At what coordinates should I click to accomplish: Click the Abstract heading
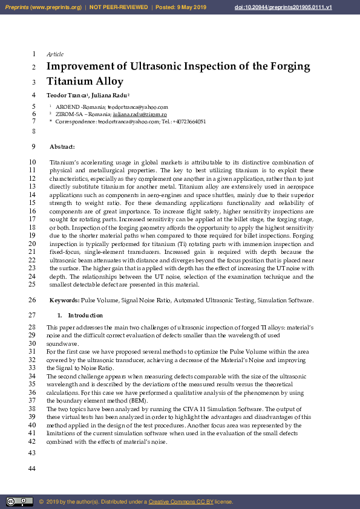(62, 147)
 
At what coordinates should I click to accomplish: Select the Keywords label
(64, 300)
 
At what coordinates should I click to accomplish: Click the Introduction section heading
(85, 316)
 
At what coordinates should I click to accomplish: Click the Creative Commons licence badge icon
(19, 502)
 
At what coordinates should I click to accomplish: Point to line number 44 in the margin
(33, 470)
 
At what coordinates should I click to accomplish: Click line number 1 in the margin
(34, 54)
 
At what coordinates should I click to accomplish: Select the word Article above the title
(55, 54)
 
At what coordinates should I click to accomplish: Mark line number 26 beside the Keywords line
(33, 300)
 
